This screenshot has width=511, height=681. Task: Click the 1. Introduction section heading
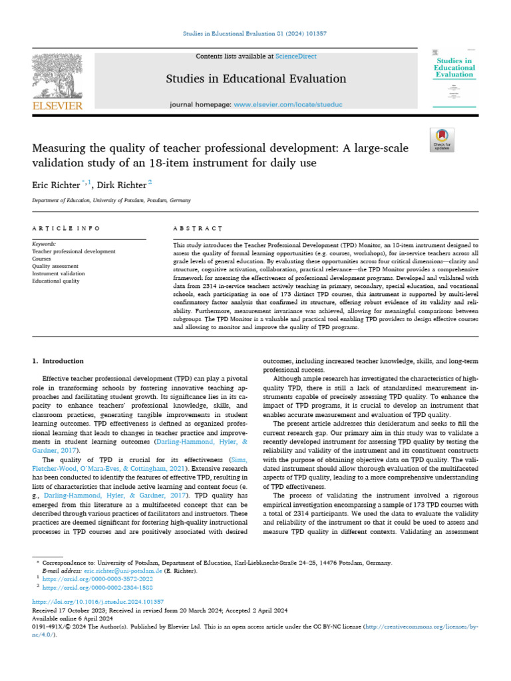coord(58,361)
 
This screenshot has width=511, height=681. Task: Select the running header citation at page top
coord(255,33)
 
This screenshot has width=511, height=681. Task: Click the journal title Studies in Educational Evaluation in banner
coord(256,79)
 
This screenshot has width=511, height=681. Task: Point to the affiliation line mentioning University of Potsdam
coord(111,200)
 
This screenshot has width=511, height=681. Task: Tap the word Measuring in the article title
coord(57,147)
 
